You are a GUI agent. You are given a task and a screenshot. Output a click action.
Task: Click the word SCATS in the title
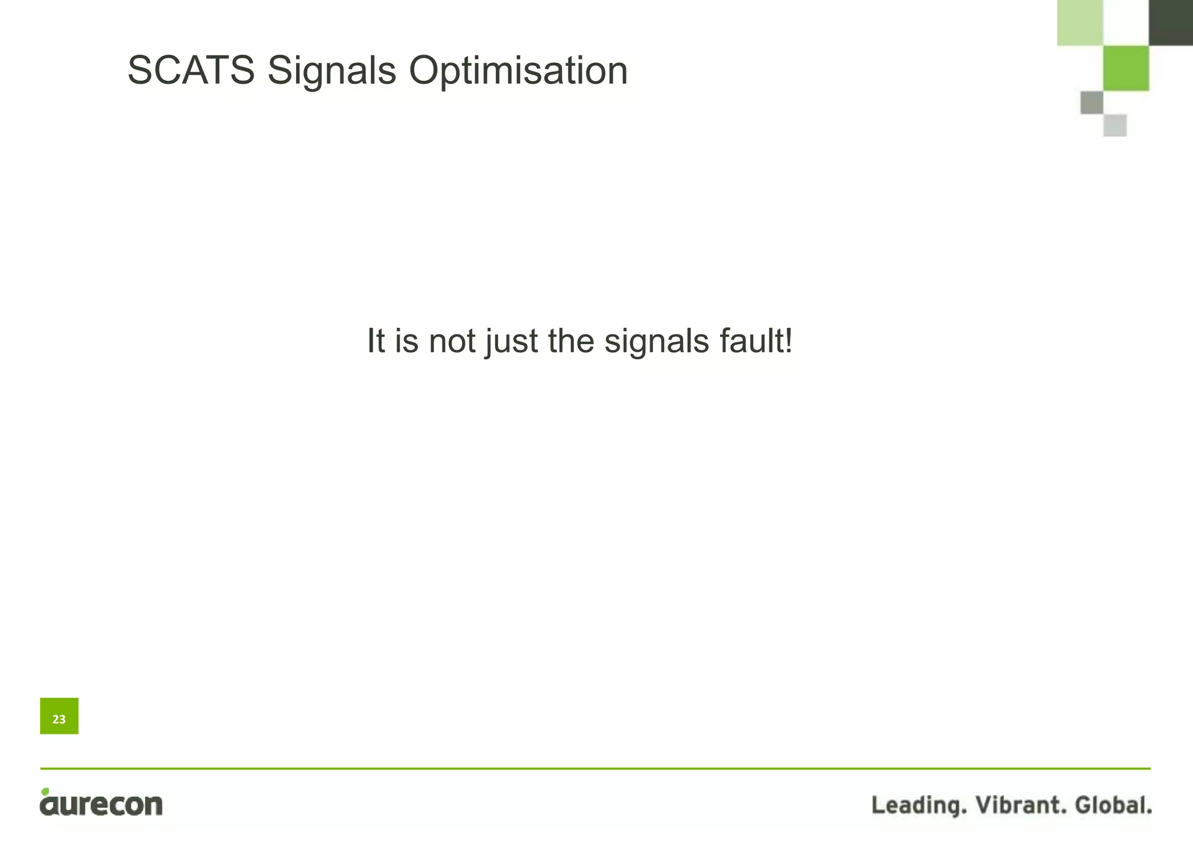pos(191,70)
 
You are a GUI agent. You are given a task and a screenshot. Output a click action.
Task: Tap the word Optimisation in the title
pos(518,70)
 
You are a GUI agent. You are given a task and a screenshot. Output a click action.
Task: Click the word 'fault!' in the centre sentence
pos(756,341)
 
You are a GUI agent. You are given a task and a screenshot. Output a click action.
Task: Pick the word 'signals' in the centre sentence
pos(656,341)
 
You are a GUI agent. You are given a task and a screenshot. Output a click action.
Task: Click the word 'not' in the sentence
pos(451,341)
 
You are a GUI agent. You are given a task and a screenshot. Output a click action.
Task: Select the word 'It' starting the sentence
pos(376,341)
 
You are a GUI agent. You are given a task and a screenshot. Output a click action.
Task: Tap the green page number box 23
pos(59,716)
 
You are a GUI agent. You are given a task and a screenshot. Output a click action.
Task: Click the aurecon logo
pos(101,804)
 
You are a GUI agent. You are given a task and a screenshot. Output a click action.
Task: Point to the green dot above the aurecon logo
pos(45,792)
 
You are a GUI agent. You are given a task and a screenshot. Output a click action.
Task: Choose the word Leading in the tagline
pos(919,805)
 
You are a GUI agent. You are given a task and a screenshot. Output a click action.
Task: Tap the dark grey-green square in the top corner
pos(1170,22)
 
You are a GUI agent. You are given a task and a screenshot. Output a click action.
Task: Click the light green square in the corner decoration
pos(1080,22)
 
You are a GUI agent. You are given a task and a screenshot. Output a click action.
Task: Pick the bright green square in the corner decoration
pos(1125,68)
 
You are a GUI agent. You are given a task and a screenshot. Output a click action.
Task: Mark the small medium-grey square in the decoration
pos(1092,103)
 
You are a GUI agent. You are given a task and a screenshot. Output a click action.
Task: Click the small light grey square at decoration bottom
pos(1114,125)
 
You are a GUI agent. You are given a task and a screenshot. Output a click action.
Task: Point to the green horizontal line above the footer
pos(595,769)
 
